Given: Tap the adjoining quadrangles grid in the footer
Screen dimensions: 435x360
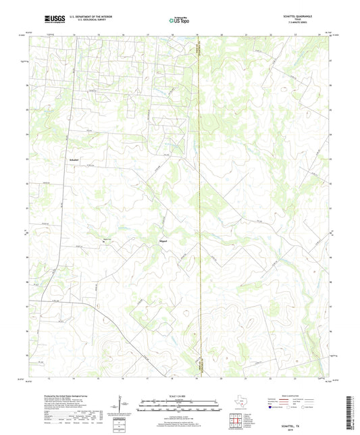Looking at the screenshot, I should point(236,421).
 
